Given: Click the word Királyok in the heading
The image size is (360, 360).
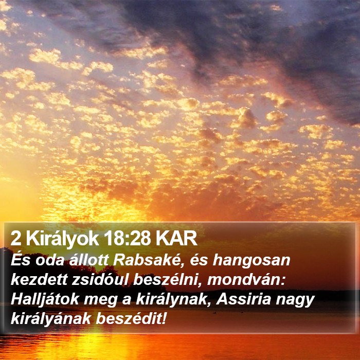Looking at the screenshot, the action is pos(62,239).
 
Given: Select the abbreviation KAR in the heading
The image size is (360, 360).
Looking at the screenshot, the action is pos(176,239).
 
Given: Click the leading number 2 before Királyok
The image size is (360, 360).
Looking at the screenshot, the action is pos(15,239).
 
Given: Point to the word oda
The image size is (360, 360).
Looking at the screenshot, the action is pos(49,260).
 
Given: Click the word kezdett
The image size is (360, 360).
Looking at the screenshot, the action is pos(39,280).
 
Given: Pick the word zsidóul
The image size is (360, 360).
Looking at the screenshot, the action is pos(100,280).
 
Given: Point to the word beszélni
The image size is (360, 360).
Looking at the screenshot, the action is pos(166,280).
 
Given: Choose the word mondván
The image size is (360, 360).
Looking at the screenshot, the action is pos(246,280).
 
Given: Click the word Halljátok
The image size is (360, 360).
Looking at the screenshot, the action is pos(45,299).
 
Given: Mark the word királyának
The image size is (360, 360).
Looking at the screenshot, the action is pos(51,319).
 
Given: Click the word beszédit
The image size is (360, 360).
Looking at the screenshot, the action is pos(129,319).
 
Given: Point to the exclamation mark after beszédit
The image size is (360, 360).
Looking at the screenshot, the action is pos(164,319).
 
